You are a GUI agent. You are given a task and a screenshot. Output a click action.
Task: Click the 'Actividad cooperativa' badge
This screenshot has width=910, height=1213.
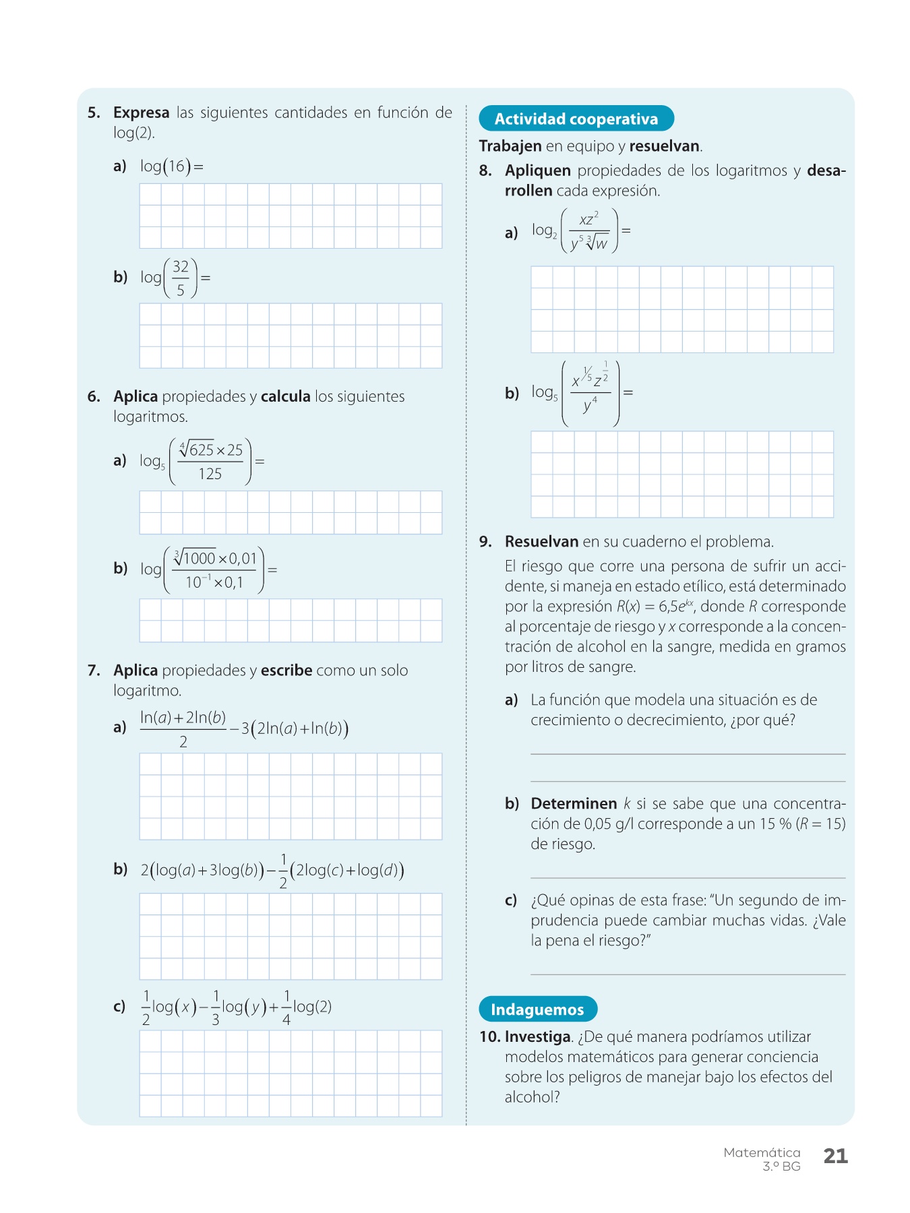tap(576, 119)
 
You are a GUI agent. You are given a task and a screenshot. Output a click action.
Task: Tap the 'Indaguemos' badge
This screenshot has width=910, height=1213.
tap(537, 1009)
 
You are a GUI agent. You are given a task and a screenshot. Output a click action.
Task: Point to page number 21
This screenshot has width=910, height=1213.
tap(835, 1156)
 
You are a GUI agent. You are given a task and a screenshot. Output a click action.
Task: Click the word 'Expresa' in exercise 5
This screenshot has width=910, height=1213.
tap(141, 113)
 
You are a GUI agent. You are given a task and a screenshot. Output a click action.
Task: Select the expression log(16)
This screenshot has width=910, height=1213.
tap(166, 166)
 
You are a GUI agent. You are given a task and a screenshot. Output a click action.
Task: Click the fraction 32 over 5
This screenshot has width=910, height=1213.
tap(180, 278)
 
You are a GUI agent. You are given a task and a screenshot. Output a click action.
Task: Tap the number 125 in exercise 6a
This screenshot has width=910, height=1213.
tap(210, 474)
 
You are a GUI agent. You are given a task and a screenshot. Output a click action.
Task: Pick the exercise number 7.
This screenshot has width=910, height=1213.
tap(94, 671)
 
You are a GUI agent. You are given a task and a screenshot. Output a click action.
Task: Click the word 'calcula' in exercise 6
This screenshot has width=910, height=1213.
tap(285, 396)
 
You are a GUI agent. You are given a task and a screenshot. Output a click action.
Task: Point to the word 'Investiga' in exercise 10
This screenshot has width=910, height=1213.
tap(537, 1036)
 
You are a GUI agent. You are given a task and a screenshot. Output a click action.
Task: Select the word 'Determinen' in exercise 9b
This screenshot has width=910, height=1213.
tap(574, 803)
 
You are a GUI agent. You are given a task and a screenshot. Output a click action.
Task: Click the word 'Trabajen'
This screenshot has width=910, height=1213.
tap(510, 146)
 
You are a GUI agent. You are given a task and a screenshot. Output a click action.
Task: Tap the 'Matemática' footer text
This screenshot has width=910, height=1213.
tap(762, 1152)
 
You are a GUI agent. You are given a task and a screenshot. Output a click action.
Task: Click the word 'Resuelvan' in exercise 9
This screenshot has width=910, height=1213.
tap(541, 542)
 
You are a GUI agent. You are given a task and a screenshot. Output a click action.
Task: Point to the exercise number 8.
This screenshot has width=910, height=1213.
tap(485, 170)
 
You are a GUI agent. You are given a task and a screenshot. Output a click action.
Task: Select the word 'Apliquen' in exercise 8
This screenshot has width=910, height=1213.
tap(537, 170)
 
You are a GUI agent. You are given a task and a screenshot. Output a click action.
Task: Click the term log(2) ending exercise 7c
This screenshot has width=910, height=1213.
tap(312, 1007)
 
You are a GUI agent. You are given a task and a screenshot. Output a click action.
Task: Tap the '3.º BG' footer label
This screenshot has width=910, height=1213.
tap(781, 1167)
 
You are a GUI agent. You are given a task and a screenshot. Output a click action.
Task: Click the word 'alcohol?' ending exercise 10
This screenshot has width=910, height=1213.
tap(532, 1097)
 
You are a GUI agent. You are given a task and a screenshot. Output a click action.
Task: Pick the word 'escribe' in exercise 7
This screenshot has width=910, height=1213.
tap(286, 671)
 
